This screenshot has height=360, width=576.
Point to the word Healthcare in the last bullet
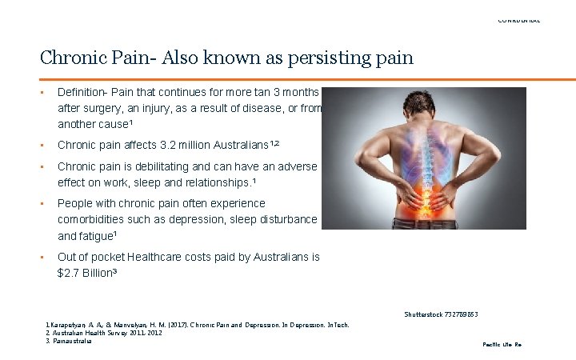click(168, 257)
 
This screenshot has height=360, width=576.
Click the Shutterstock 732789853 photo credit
click(442, 314)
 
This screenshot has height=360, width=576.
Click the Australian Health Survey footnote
click(104, 333)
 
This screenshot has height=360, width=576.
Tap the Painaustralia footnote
click(70, 341)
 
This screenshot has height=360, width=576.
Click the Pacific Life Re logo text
click(502, 344)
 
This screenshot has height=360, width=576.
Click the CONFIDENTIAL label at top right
click(519, 20)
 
